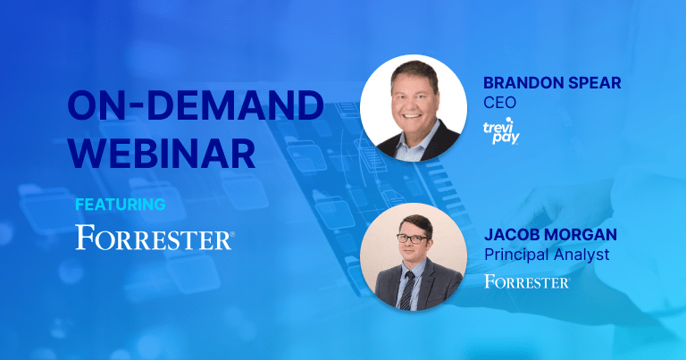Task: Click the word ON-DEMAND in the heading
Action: tap(196, 105)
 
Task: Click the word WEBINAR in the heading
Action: tap(162, 153)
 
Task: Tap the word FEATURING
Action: tap(121, 205)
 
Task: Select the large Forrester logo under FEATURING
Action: tap(155, 237)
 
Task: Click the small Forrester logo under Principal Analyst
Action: tap(527, 281)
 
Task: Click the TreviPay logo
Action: tap(501, 130)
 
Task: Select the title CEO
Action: tap(499, 103)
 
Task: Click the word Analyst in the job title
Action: tap(578, 255)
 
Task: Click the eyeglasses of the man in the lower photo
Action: tap(413, 239)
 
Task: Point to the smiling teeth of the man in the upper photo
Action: tap(412, 117)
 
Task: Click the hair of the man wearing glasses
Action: tap(416, 223)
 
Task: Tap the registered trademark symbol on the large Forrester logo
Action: tap(232, 234)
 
